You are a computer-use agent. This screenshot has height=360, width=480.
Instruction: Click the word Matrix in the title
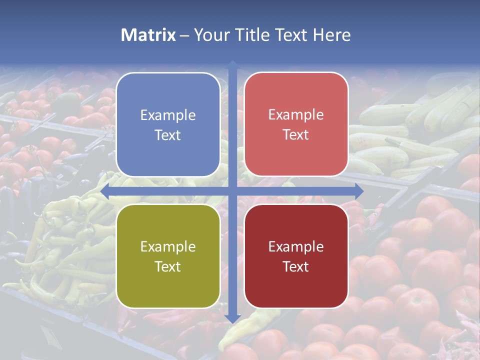pyautogui.click(x=148, y=35)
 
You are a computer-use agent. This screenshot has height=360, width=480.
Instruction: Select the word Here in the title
pyautogui.click(x=331, y=35)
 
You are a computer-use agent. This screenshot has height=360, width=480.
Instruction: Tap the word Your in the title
pyautogui.click(x=210, y=35)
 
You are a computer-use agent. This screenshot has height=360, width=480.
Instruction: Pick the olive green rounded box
pyautogui.click(x=168, y=285)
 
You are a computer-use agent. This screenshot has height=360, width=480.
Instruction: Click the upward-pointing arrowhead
pyautogui.click(x=232, y=65)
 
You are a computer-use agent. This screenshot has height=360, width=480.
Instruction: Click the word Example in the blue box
pyautogui.click(x=168, y=115)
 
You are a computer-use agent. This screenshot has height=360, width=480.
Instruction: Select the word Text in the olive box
pyautogui.click(x=168, y=266)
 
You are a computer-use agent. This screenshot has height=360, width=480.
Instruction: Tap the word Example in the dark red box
pyautogui.click(x=296, y=246)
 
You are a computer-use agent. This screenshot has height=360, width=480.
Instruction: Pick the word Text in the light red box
pyautogui.click(x=296, y=135)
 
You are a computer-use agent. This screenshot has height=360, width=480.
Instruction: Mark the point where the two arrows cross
pyautogui.click(x=232, y=191)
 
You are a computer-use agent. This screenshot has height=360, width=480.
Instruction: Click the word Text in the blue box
pyautogui.click(x=168, y=135)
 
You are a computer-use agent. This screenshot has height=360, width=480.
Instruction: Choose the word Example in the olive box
pyautogui.click(x=168, y=246)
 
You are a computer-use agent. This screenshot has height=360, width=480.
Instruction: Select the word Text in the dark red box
pyautogui.click(x=296, y=266)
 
